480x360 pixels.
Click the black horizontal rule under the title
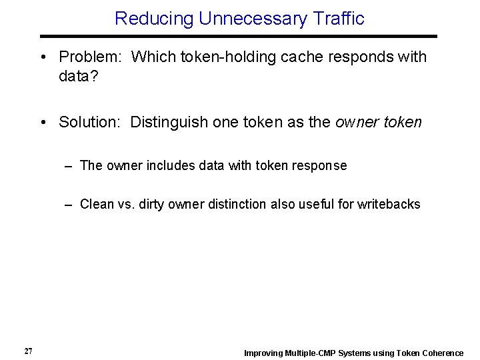(239, 36)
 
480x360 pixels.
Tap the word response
(323, 165)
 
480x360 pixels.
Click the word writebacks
(389, 204)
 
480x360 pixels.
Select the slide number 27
(28, 351)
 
